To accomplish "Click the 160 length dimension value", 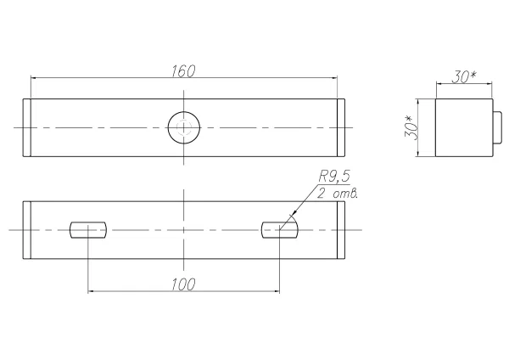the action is [x=183, y=71].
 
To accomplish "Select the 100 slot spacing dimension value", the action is [x=183, y=284].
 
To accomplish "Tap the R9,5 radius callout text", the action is [x=334, y=177].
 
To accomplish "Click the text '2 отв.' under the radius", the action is [x=338, y=194].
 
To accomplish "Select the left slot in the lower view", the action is [x=88, y=230].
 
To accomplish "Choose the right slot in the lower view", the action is [x=279, y=230].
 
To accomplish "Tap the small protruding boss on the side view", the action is [x=497, y=127].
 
